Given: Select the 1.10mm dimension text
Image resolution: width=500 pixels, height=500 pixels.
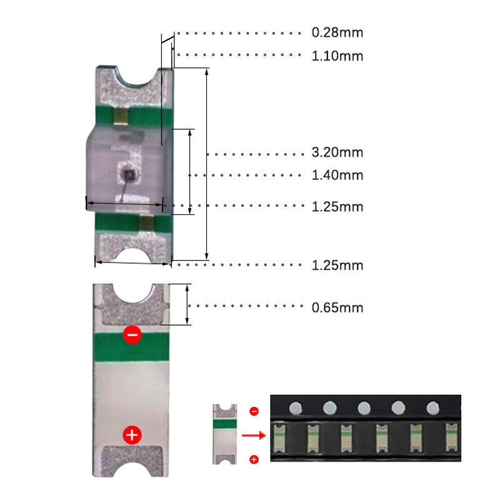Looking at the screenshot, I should tap(337, 56).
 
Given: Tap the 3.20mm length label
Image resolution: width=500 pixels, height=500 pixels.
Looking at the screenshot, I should tap(337, 152).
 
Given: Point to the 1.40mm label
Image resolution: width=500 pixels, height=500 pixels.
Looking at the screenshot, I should tap(337, 175).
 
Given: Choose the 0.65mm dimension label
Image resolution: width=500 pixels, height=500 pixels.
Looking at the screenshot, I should tap(337, 307).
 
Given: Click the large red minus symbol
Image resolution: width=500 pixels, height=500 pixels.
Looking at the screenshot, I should tap(132, 334).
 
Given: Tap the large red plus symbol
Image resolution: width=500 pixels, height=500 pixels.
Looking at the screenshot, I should tap(131, 434).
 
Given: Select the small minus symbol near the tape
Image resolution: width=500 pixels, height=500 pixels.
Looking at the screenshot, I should tap(254, 411).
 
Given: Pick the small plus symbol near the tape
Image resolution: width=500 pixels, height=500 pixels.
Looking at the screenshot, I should tap(254, 460).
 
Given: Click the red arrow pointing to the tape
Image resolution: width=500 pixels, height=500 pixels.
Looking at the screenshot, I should tap(252, 435).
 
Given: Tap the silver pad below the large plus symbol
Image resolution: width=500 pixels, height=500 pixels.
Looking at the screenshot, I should tap(131, 457).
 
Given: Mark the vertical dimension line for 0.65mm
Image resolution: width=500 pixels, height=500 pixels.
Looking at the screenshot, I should tap(187, 304).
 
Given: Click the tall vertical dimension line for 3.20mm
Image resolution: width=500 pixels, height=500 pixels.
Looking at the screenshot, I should tap(207, 164).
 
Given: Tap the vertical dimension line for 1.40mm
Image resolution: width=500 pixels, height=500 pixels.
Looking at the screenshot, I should tap(189, 172).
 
